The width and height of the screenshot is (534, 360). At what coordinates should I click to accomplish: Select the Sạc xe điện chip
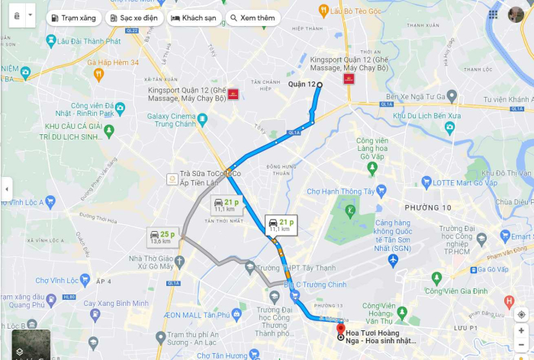click(x=136, y=18)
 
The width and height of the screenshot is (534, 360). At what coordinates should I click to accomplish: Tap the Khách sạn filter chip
click(x=192, y=18)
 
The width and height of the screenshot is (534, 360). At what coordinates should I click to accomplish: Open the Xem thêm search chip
click(x=253, y=18)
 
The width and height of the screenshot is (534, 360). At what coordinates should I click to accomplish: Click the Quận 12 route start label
click(x=301, y=84)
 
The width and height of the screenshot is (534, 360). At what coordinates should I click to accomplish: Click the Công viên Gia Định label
click(x=456, y=291)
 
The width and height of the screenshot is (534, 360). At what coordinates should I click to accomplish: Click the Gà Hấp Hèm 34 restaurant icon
click(x=98, y=74)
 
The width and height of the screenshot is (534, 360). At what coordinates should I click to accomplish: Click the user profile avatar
click(x=516, y=14)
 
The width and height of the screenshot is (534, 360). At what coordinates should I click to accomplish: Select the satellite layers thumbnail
click(x=31, y=343)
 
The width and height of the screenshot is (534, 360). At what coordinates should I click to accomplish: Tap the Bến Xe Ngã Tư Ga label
click(x=415, y=97)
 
